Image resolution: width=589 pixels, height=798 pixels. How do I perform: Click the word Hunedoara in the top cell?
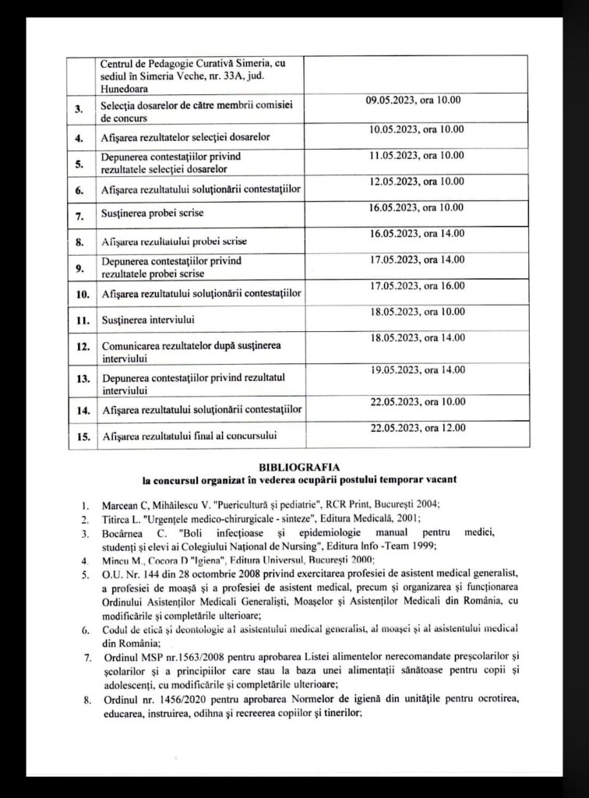pyautogui.click(x=127, y=82)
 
